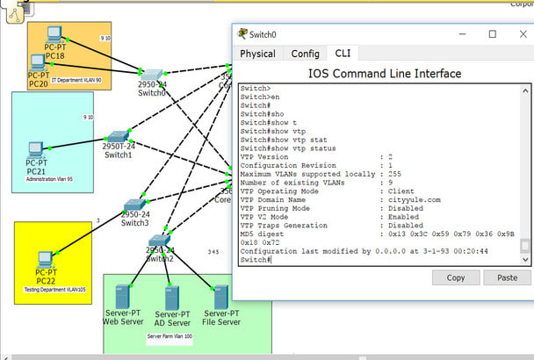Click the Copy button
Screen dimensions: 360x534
click(456, 277)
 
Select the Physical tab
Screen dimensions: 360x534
click(257, 54)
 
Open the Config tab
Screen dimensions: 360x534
click(305, 54)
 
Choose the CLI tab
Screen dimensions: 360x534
click(343, 54)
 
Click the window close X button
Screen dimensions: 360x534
click(516, 34)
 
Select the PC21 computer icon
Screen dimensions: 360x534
click(35, 150)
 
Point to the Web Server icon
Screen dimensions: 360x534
click(122, 296)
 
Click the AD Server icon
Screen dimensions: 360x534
click(171, 296)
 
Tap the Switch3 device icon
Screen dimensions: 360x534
click(133, 205)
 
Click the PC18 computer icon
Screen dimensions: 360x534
click(54, 35)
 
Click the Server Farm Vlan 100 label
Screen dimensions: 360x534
click(170, 335)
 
